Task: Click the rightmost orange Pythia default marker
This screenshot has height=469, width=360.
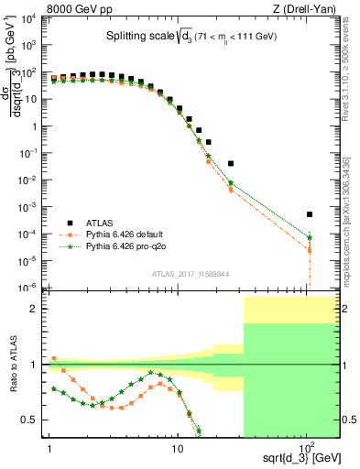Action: point(310,250)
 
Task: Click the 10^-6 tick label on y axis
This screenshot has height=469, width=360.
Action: point(29,287)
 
